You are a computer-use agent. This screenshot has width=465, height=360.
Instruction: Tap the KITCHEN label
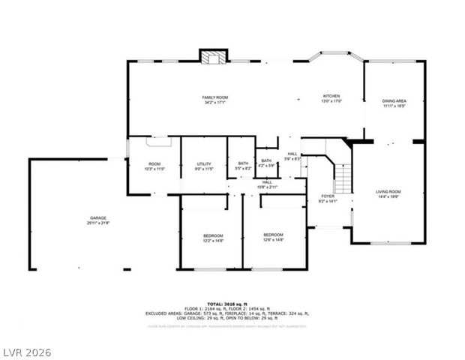point(331,96)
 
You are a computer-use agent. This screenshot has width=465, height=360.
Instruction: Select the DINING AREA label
point(394,100)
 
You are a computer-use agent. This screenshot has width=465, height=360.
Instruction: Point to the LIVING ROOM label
point(388,192)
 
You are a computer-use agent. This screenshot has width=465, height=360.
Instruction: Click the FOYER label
point(328,196)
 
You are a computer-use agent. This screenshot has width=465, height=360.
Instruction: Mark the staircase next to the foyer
point(342,178)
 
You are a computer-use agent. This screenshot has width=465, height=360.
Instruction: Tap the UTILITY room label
point(204,163)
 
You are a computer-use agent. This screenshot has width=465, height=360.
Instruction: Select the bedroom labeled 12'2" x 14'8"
point(212,235)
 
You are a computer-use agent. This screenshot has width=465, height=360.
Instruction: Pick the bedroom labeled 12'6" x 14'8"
point(273,235)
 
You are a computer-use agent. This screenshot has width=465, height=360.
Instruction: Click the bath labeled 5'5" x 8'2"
point(243,163)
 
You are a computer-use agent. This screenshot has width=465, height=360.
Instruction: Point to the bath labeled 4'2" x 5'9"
point(266,160)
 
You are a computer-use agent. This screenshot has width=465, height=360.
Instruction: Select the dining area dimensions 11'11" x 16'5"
point(394,106)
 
